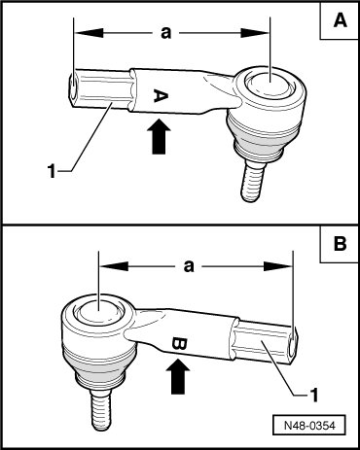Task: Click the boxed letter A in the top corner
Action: tap(340, 21)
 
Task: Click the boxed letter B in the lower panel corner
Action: tap(340, 244)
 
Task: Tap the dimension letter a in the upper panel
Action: tap(165, 33)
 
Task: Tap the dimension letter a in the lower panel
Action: tap(189, 266)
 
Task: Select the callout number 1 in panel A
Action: tap(52, 171)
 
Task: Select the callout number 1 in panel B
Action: tap(313, 395)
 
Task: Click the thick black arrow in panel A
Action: tap(159, 136)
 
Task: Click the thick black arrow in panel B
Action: tap(178, 376)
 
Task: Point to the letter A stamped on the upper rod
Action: tap(161, 96)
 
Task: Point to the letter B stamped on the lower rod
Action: tap(179, 343)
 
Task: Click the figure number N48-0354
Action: tap(309, 425)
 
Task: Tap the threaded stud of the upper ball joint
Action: tap(252, 183)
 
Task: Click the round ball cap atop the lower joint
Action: tap(98, 310)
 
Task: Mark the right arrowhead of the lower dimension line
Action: tap(278, 266)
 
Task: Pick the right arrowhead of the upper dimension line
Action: tap(255, 33)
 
